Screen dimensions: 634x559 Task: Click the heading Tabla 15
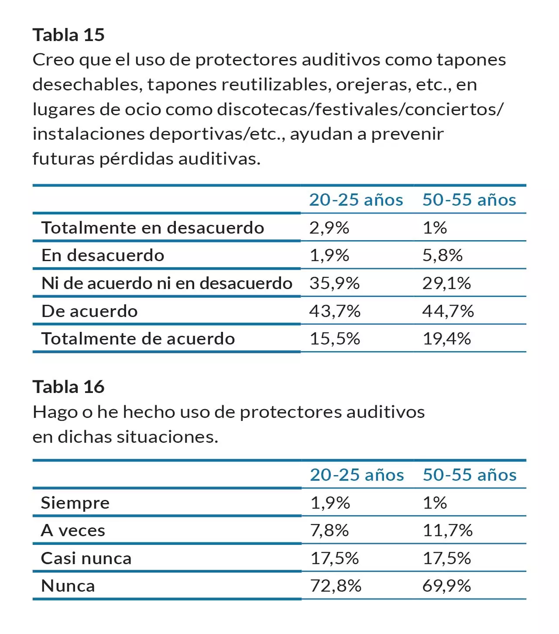click(69, 35)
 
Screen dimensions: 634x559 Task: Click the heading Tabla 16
click(69, 387)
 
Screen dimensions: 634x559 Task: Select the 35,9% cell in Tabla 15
click(334, 283)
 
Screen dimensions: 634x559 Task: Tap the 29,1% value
click(446, 283)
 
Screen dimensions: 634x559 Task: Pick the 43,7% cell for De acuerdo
click(335, 311)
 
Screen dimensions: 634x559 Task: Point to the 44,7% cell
click(448, 311)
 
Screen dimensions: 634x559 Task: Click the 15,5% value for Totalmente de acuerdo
click(334, 339)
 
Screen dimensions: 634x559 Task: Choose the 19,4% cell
click(446, 339)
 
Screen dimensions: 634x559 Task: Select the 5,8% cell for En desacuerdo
click(442, 255)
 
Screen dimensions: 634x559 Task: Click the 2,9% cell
click(329, 228)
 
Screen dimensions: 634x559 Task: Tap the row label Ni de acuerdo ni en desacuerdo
click(167, 283)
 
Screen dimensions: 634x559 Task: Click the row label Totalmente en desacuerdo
click(153, 228)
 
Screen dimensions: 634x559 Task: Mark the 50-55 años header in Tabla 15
click(469, 200)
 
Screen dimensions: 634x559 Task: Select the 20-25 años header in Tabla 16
click(357, 475)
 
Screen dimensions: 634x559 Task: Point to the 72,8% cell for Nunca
click(336, 586)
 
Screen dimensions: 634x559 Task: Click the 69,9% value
click(446, 586)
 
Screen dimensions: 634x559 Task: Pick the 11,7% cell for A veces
click(447, 531)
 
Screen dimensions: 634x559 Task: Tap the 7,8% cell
click(329, 531)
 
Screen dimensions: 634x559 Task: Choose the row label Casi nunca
click(86, 558)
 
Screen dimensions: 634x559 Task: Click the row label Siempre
click(75, 503)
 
